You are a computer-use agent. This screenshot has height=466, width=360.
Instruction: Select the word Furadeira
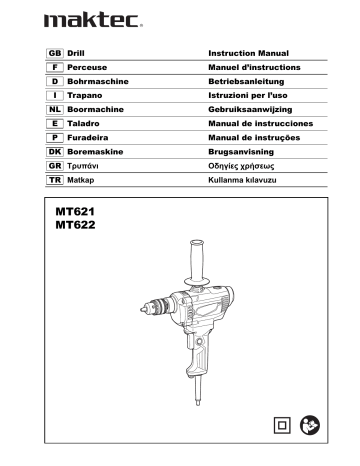click(88, 132)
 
